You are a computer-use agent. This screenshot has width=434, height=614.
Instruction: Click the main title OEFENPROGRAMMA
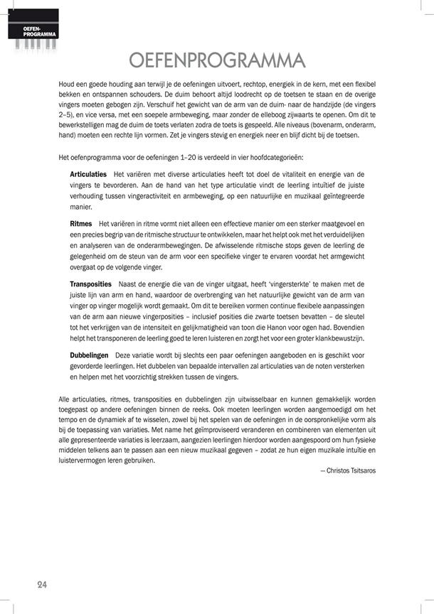click(x=218, y=59)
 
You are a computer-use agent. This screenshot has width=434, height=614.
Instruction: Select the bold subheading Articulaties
click(x=88, y=174)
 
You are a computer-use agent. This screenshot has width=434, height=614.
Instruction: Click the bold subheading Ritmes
click(x=81, y=224)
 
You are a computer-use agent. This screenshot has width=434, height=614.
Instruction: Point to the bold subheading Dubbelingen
click(x=89, y=354)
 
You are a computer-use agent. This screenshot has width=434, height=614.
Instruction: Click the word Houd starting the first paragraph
click(x=66, y=84)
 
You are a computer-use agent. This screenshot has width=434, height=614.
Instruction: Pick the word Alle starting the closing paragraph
click(x=65, y=400)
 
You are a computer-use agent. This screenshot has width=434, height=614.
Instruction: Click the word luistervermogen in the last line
click(x=83, y=460)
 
